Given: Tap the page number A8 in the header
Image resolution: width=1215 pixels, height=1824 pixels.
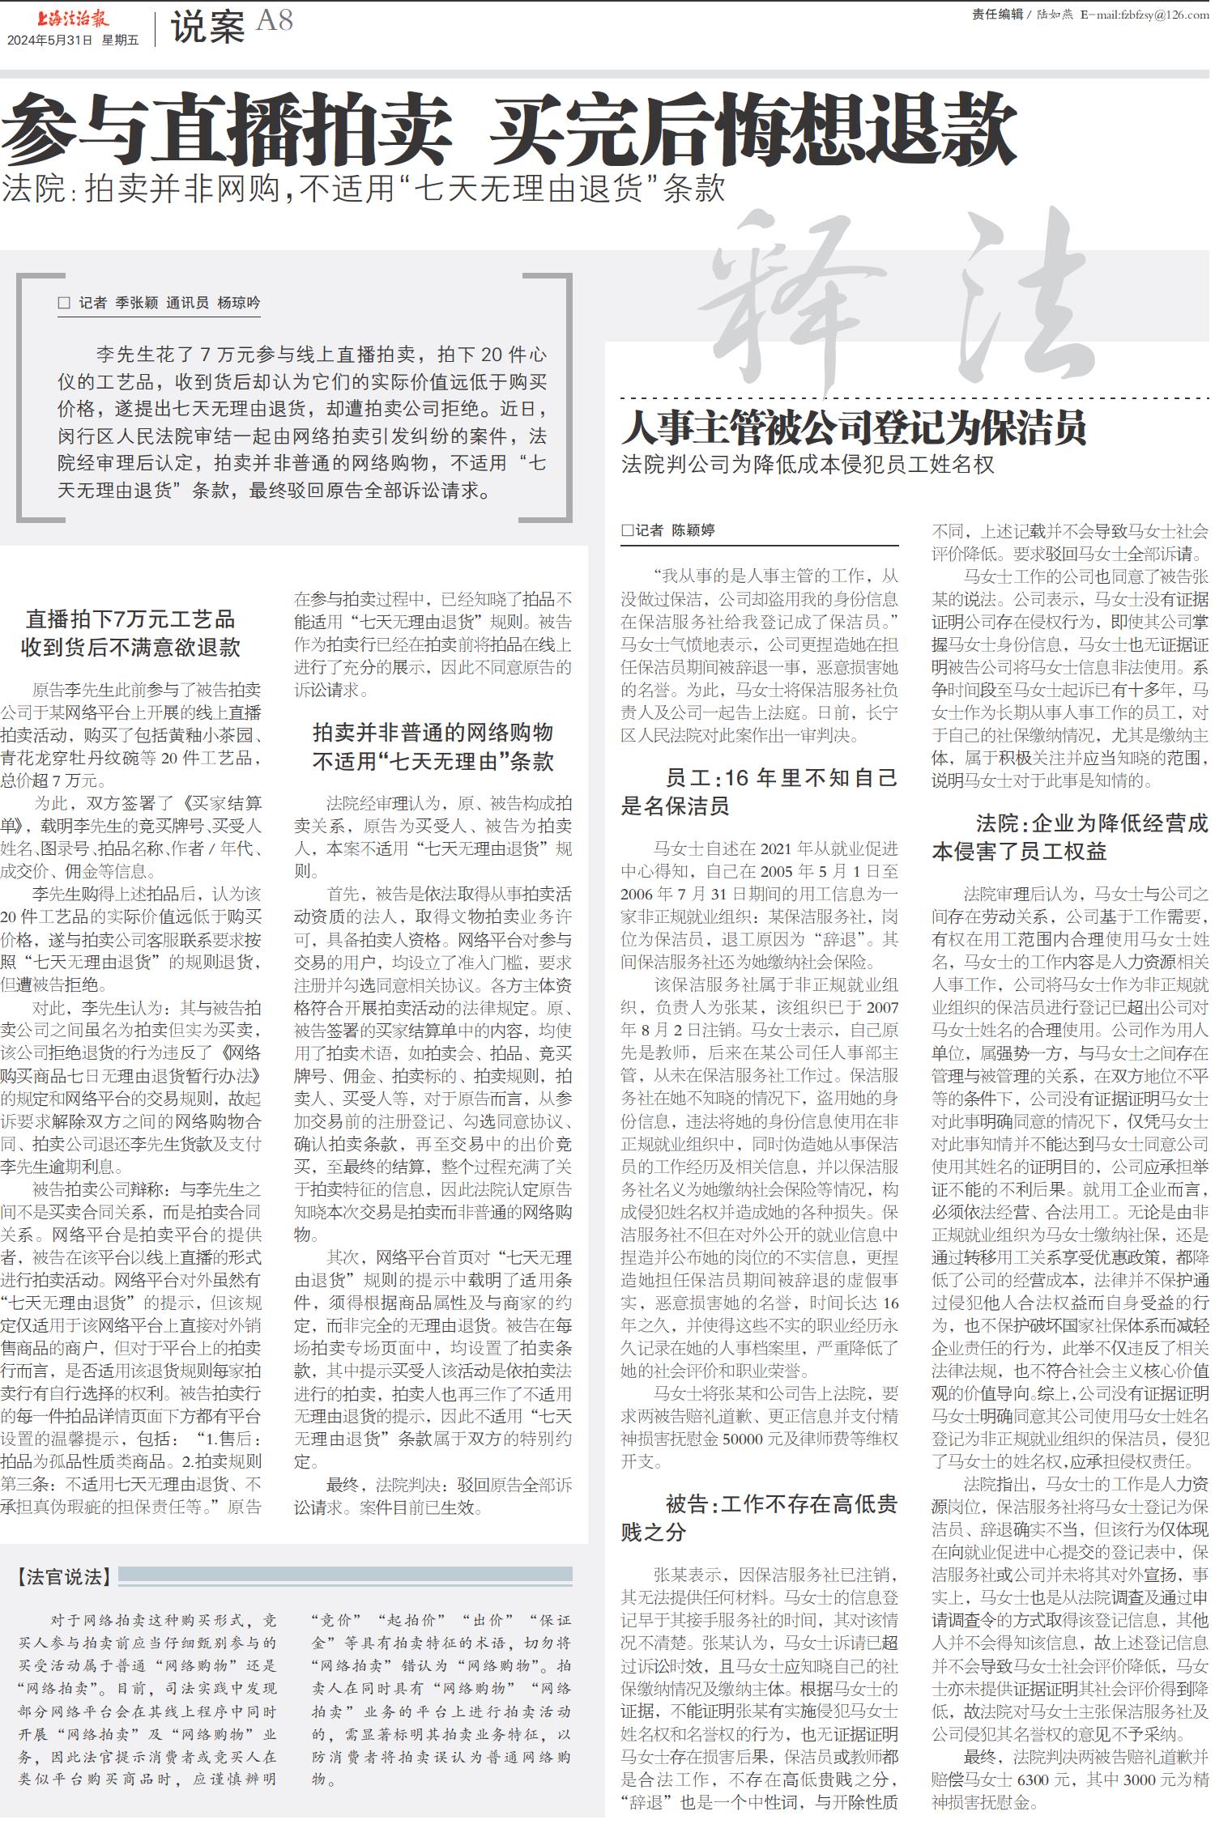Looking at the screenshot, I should pos(275,22).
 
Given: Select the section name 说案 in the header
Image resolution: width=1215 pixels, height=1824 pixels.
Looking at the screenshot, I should pos(207,28).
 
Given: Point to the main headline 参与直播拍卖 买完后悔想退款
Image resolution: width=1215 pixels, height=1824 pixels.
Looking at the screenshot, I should pos(509,130).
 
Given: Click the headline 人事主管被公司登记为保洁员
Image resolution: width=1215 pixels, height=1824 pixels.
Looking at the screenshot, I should pos(854,428).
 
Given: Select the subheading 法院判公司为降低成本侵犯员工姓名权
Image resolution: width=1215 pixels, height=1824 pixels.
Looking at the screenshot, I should pos(808,465).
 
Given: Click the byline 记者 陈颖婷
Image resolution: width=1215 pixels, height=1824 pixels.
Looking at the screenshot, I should pos(668,530).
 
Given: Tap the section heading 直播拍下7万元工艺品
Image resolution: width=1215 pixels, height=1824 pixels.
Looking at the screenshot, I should pos(130,619).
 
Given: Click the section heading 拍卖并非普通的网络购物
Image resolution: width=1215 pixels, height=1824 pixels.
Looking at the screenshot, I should pos(433,733).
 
